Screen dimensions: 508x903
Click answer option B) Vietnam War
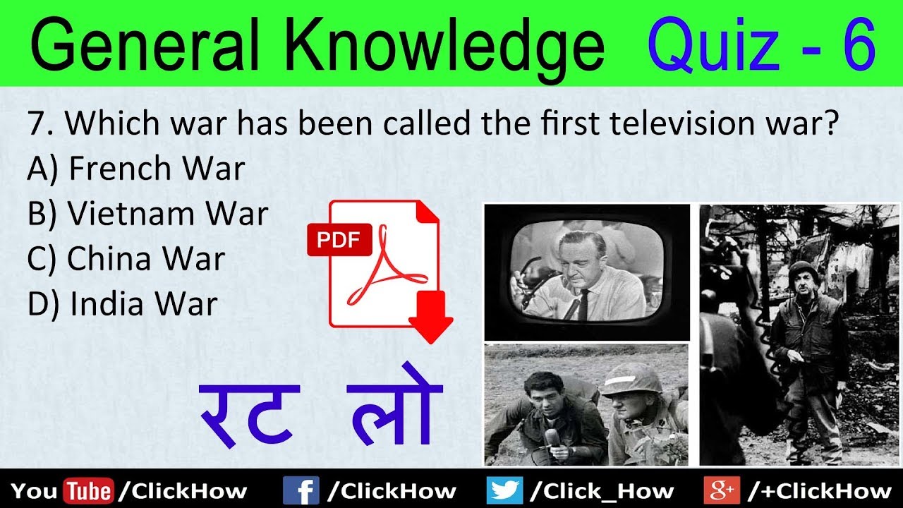pyautogui.click(x=148, y=214)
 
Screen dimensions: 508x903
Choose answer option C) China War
pyautogui.click(x=126, y=259)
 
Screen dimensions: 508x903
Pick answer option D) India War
pyautogui.click(x=123, y=304)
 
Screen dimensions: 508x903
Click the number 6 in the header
pyautogui.click(x=856, y=44)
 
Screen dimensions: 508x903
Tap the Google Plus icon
pyautogui.click(x=720, y=490)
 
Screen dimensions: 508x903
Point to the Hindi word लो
pyautogui.click(x=396, y=413)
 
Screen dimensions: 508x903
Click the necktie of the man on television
pyautogui.click(x=583, y=304)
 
